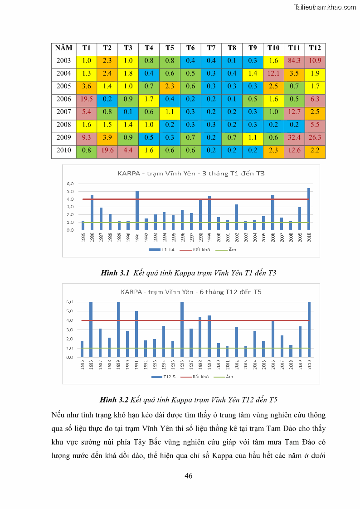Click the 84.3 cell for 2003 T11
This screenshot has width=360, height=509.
tap(294, 61)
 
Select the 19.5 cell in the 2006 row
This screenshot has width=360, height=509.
tap(87, 99)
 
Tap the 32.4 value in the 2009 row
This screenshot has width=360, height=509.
tap(294, 137)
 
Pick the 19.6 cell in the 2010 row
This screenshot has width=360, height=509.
tap(107, 150)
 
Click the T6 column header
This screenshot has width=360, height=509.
tap(190, 48)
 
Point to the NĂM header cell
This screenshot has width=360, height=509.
tap(64, 48)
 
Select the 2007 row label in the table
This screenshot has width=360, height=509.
tap(64, 111)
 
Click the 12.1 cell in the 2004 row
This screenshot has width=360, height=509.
tap(273, 73)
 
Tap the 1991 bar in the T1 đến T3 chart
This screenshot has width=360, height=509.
tap(137, 211)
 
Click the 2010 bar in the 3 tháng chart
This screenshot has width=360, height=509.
tap(309, 209)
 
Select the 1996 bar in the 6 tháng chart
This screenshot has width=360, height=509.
tap(182, 330)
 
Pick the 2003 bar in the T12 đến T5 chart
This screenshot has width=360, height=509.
tap(245, 352)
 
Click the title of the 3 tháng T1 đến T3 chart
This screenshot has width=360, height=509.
tap(190, 174)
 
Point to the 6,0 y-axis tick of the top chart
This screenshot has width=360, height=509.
tap(70, 184)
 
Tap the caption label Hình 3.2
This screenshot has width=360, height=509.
tap(115, 400)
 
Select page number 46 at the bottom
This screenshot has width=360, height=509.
tap(189, 475)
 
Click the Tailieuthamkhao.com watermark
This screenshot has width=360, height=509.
tap(325, 7)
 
